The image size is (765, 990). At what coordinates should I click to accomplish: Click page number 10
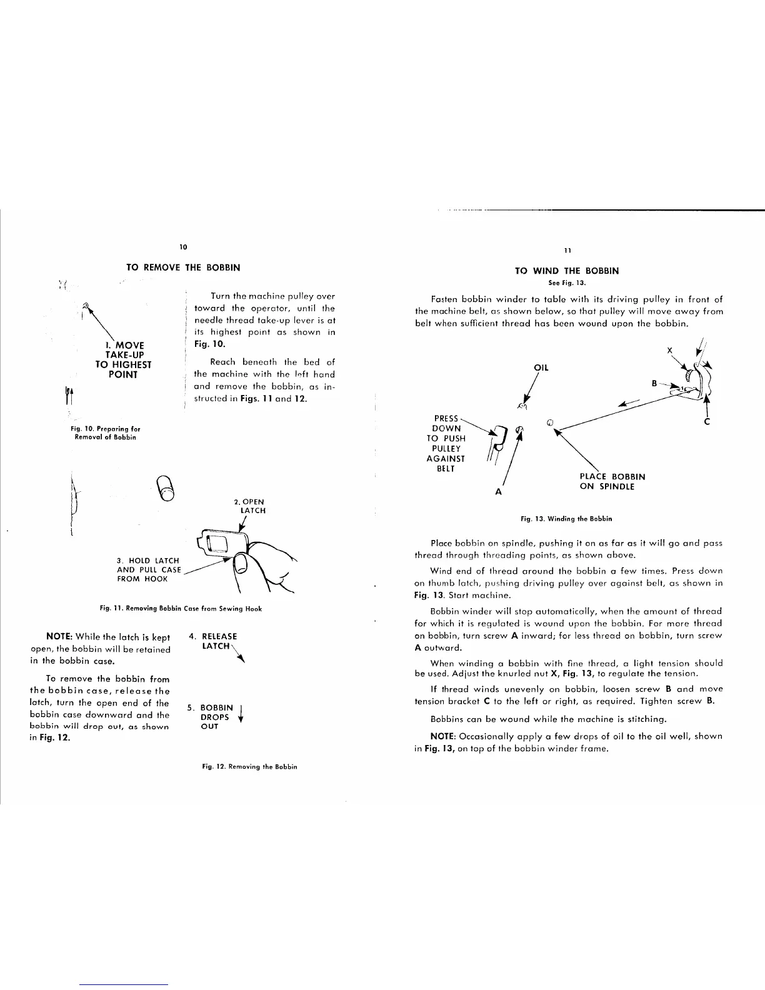click(x=183, y=247)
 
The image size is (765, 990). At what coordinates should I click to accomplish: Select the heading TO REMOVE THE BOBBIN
click(x=183, y=267)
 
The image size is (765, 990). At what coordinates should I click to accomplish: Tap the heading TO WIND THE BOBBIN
click(x=566, y=271)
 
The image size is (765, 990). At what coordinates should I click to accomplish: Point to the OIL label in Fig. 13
click(x=541, y=367)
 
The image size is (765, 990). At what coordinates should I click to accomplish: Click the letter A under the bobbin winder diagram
click(x=498, y=492)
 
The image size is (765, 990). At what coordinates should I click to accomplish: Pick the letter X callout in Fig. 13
click(x=669, y=351)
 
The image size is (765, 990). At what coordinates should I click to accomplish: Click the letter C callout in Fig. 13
click(x=707, y=422)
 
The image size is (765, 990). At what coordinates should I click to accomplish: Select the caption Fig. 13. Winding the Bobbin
click(x=566, y=518)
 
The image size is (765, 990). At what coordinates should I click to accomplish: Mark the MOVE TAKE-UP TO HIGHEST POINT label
click(x=123, y=359)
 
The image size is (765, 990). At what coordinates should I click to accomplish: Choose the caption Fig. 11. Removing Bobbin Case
click(x=180, y=608)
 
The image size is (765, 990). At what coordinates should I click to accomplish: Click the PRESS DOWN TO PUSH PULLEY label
click(x=446, y=443)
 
